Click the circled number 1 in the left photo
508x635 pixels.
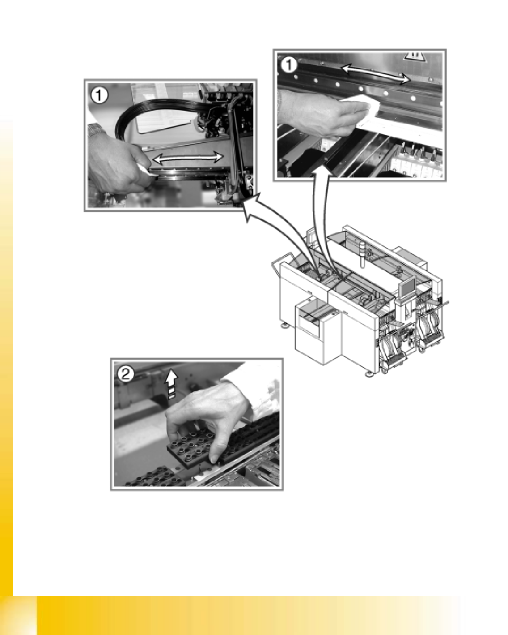99,95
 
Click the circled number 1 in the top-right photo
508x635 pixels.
289,65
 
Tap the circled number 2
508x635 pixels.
126,374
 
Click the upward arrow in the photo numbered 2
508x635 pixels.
171,385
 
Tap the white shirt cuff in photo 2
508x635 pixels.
256,390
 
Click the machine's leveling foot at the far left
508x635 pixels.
285,326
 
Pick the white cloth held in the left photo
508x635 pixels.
147,171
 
